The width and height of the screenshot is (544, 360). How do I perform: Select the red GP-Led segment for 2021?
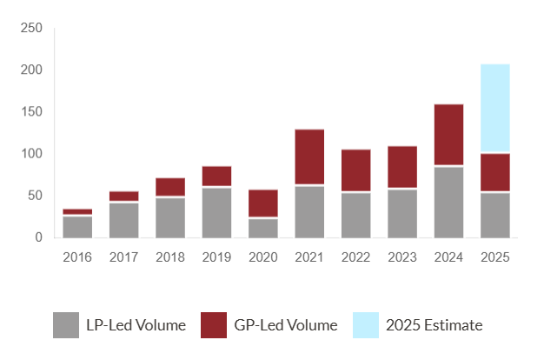pos(309,157)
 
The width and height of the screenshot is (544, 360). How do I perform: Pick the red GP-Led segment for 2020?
pos(263,203)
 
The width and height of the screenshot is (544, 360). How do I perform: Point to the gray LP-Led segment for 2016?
pos(77,226)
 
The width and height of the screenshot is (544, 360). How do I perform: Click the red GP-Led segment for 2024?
pos(448,134)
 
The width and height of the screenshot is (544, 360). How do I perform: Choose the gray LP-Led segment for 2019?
pos(216,212)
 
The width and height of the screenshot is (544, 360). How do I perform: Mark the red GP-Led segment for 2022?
pos(355,170)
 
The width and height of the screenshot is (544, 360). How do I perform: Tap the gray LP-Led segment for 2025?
pos(495,215)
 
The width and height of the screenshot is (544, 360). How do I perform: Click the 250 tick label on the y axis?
pos(30,28)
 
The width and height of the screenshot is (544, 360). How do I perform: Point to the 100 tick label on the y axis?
pos(30,154)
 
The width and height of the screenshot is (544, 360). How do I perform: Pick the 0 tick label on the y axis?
pos(37,237)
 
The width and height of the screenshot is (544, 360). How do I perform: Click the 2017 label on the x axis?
pos(123,257)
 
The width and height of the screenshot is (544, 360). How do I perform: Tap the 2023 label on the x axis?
pos(402,257)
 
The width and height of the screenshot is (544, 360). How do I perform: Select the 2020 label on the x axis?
pos(263,257)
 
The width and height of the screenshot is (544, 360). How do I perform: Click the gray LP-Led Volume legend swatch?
pos(66,325)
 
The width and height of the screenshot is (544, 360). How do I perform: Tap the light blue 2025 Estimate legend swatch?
pos(366,325)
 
